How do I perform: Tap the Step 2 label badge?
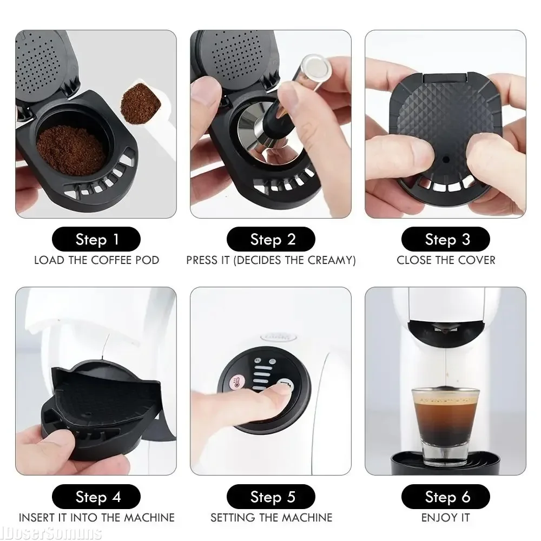271,239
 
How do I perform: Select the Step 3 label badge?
445,239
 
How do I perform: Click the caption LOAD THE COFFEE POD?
96,260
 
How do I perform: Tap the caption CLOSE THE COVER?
445,260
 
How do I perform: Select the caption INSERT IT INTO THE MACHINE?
96,517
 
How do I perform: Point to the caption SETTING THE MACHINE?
271,517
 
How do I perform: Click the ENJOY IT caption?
445,517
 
